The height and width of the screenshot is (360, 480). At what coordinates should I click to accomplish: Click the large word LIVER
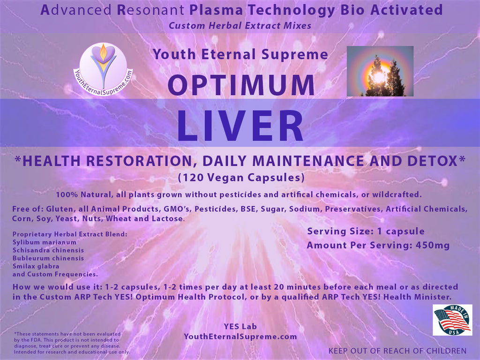coord(240,126)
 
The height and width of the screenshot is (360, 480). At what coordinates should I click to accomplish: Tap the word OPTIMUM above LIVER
coord(241,85)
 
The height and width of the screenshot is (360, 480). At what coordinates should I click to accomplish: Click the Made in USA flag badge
coord(452,320)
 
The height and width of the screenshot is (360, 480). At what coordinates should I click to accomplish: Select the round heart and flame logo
coord(103,69)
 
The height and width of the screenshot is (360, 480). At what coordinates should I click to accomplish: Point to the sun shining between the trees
coord(379,76)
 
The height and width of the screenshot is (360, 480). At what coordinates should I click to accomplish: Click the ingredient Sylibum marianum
coord(45,242)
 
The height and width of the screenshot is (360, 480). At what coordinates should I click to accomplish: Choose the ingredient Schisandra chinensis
coord(48,250)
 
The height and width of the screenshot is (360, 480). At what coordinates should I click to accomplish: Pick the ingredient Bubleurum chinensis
coord(48,258)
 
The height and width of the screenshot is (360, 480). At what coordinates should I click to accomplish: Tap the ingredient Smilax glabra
coord(36,266)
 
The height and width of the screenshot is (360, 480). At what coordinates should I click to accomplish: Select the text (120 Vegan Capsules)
coord(241,178)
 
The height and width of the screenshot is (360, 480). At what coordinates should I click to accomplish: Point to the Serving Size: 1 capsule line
coord(366,231)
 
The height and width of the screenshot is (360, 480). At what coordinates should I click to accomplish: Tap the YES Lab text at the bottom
coord(240,327)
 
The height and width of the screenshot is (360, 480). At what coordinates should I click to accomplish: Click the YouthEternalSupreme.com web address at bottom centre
coord(240,337)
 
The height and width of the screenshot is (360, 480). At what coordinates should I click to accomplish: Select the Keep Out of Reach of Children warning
coord(397,351)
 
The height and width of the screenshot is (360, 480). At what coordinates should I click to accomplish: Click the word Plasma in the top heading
coord(216,10)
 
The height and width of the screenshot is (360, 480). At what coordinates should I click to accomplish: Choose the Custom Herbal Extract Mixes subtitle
coord(240,26)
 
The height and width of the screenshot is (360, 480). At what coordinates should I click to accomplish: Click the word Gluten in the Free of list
coord(60,209)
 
